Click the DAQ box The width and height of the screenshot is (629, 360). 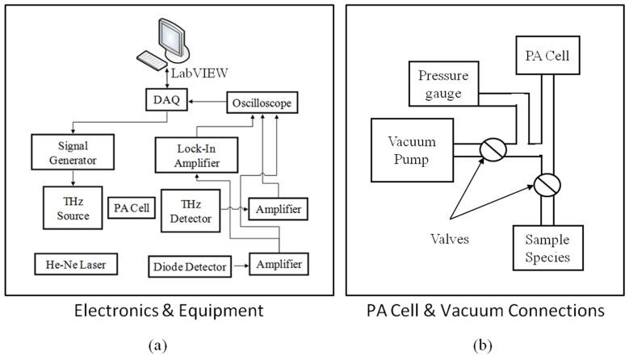pyautogui.click(x=157, y=101)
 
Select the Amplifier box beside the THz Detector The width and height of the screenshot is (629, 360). pyautogui.click(x=279, y=209)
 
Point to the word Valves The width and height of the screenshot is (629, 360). pyautogui.click(x=451, y=240)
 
